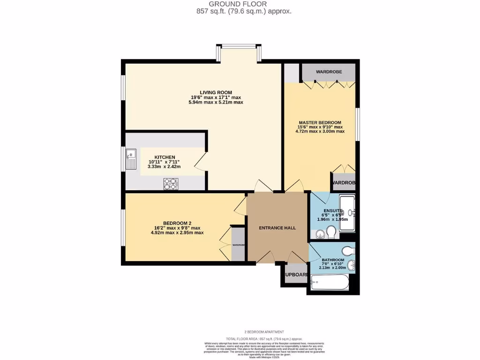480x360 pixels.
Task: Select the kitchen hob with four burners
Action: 170,184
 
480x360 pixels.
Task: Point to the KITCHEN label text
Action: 165,157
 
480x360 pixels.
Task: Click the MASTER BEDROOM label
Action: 320,122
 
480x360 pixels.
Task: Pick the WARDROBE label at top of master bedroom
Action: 329,72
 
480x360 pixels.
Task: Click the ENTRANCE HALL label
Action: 277,228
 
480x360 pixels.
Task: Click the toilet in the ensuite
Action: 331,232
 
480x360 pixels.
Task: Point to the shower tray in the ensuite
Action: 347,213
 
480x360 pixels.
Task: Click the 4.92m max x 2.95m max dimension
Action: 177,232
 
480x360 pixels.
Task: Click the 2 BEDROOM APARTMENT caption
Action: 264,332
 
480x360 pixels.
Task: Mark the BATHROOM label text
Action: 333,260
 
